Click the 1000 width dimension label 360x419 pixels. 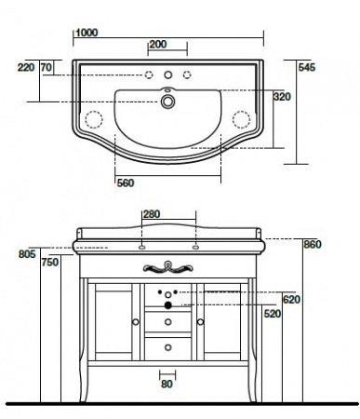tap(87, 33)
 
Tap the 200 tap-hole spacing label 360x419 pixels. tap(158, 45)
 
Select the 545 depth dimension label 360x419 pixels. tap(307, 67)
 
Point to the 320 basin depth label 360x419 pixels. tap(282, 97)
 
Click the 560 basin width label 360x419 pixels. tap(126, 183)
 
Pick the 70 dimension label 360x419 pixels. tap(47, 67)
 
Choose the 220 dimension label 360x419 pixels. tap(26, 67)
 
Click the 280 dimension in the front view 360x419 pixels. tap(152, 214)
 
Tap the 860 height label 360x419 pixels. tap(313, 245)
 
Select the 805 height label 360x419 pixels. tap(27, 254)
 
